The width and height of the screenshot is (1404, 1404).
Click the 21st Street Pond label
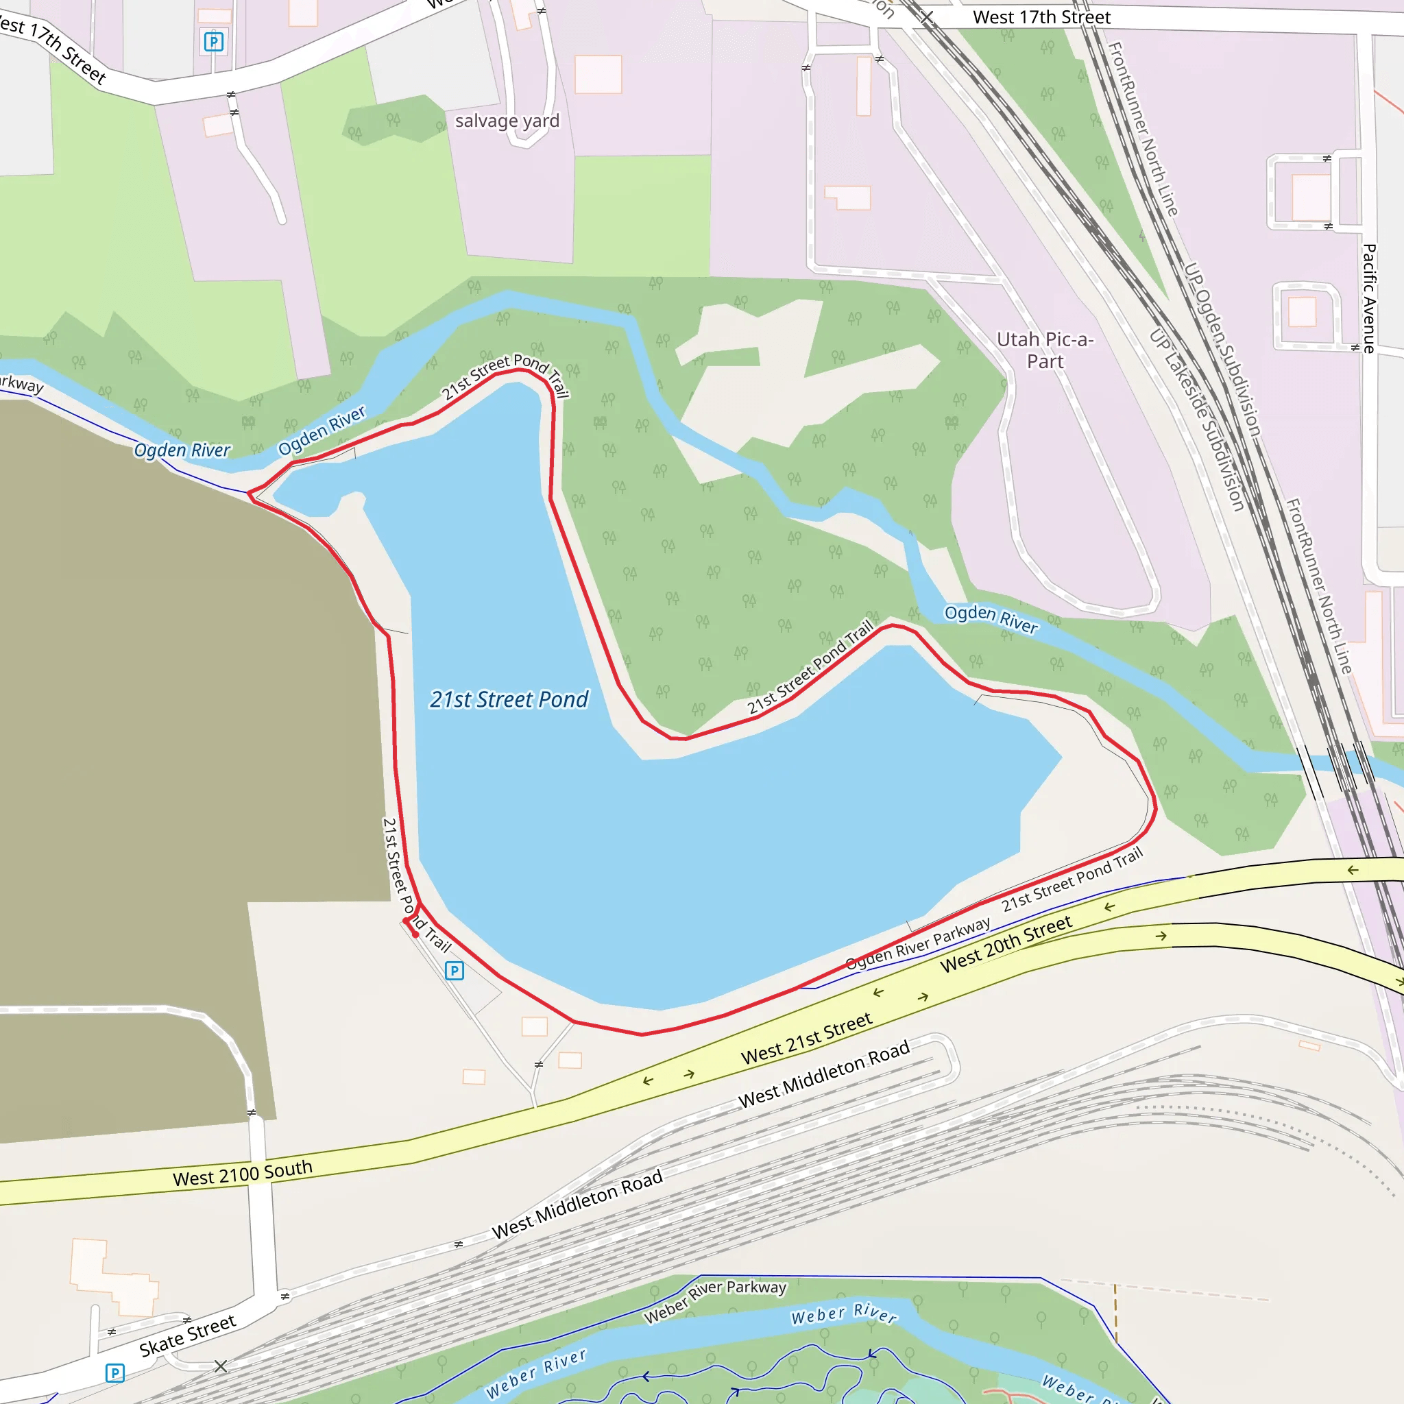tap(509, 699)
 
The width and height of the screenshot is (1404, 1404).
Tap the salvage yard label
tap(507, 121)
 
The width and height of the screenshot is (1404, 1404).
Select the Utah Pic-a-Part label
tap(1044, 350)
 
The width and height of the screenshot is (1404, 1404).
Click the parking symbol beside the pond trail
tap(455, 970)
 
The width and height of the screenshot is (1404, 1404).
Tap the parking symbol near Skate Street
tap(114, 1372)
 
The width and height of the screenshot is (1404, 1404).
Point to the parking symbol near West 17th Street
tap(213, 41)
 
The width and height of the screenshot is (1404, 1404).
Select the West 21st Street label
tap(806, 1039)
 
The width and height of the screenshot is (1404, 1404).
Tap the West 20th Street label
tap(1006, 943)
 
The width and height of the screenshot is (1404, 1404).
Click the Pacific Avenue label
tap(1369, 299)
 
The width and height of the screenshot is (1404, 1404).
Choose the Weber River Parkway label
tap(715, 1300)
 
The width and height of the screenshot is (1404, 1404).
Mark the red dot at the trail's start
tap(415, 934)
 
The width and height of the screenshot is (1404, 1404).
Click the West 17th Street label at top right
tap(1041, 17)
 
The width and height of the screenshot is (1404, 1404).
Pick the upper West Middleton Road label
tap(824, 1074)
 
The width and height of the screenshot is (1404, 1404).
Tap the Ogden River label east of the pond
tap(991, 618)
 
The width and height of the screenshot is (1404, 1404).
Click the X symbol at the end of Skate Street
tap(221, 1366)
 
